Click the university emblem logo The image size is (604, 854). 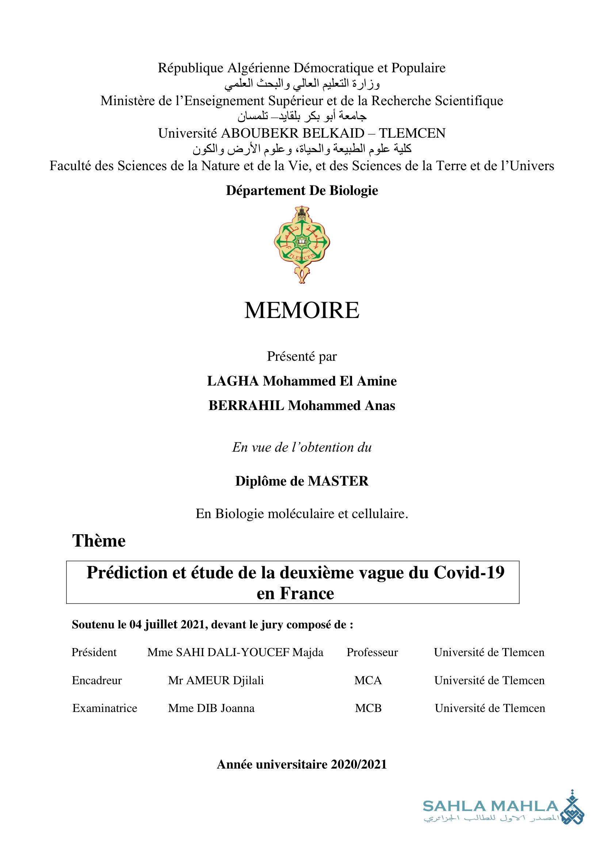(302, 244)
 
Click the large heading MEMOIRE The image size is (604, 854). (302, 310)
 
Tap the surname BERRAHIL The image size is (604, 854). (246, 405)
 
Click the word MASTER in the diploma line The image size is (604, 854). (338, 481)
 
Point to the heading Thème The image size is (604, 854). (99, 541)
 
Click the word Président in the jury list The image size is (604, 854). (94, 652)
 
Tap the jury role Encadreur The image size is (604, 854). (97, 680)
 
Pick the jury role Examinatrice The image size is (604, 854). (104, 708)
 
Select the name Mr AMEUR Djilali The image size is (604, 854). (216, 680)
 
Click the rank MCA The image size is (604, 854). (368, 680)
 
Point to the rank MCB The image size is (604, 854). (368, 708)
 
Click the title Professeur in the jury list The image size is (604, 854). (372, 652)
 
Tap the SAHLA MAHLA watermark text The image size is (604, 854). (490, 807)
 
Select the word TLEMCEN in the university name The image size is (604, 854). (412, 133)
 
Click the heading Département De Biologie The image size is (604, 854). (302, 191)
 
